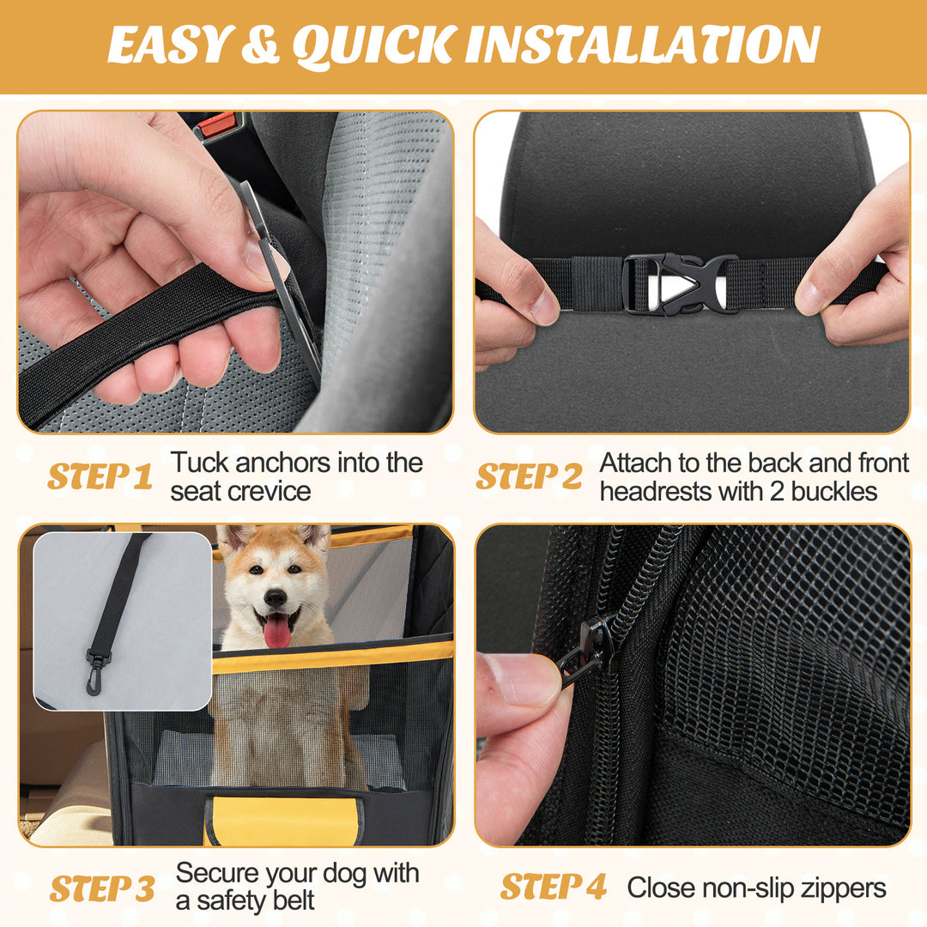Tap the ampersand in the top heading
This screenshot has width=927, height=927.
click(x=258, y=46)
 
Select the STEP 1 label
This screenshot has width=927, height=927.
click(x=100, y=476)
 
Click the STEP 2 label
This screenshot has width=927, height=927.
click(x=529, y=476)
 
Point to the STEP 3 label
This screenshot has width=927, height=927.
click(x=101, y=888)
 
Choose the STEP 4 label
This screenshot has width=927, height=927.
click(x=554, y=887)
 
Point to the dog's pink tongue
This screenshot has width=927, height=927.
click(x=276, y=632)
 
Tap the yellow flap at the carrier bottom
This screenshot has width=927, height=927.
click(x=283, y=820)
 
